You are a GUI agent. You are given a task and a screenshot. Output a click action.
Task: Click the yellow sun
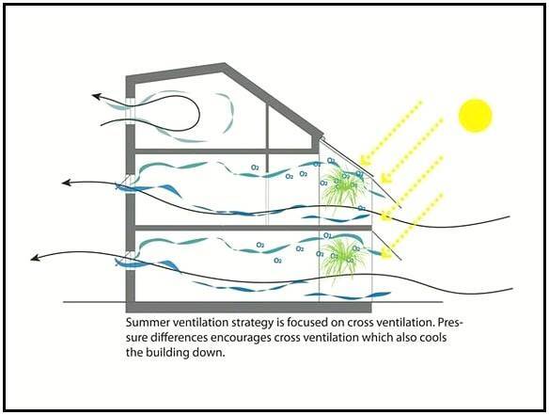pyautogui.click(x=475, y=116)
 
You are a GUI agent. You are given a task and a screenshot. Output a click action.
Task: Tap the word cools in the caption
pyautogui.click(x=433, y=338)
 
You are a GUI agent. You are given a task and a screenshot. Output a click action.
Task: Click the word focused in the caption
pyautogui.click(x=307, y=323)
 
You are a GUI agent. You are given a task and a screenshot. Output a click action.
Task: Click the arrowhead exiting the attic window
pyautogui.click(x=97, y=96)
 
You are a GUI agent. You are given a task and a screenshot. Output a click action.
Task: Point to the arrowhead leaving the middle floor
pyautogui.click(x=67, y=183)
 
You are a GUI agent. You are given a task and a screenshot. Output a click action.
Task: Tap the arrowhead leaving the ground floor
pyautogui.click(x=36, y=258)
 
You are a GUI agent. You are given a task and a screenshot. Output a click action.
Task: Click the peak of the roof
pyautogui.click(x=225, y=65)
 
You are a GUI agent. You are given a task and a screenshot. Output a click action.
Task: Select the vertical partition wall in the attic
pyautogui.click(x=268, y=126)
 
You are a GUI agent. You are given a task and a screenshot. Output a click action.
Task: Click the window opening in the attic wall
pyautogui.click(x=130, y=111)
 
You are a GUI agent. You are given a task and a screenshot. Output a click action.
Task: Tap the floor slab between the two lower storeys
pyautogui.click(x=253, y=228)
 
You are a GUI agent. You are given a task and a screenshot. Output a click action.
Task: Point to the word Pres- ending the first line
pyautogui.click(x=450, y=323)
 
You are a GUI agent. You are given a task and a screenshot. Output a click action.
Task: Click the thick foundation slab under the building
pyautogui.click(x=248, y=307)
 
